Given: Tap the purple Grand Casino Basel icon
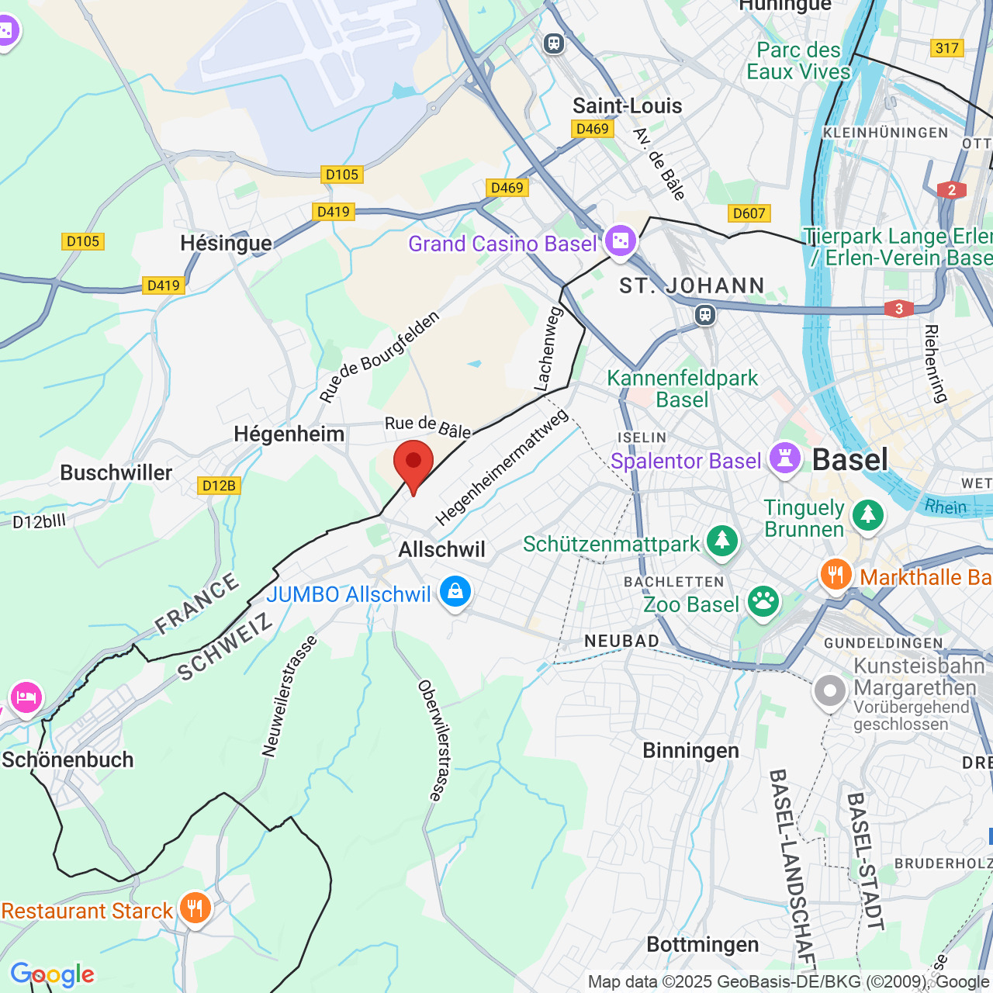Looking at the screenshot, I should coord(620,241).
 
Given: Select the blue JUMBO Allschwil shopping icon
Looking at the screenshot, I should coord(455,592).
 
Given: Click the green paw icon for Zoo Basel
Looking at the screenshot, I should coord(763,602).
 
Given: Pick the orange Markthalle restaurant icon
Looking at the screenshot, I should coord(836,575).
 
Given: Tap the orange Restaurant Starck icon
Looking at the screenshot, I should coord(195,908).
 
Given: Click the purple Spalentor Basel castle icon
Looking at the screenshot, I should coord(784,458).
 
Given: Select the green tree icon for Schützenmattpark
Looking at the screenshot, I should coord(722,541).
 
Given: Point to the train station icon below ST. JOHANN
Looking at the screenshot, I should coord(704,314).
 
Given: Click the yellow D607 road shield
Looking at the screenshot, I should coord(749,213).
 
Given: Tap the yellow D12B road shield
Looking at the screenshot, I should coord(219,486).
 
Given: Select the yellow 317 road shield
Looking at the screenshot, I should coord(946,48).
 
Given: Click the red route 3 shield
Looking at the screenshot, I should coord(899,309).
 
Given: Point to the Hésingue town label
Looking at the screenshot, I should coord(226,244).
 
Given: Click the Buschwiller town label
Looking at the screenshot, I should coord(116,472).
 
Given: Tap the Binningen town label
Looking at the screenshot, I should coord(690,750).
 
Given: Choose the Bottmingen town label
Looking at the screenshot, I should coord(702,944).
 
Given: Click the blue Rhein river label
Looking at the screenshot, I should coord(946,507).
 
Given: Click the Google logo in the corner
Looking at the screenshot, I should coord(53,974).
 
